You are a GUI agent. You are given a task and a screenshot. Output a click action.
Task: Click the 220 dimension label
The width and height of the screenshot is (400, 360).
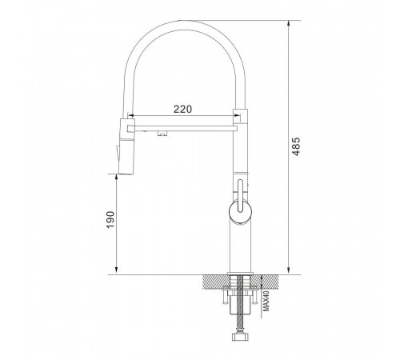[182, 109]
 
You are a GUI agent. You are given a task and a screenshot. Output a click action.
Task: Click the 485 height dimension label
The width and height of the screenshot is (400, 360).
[296, 146]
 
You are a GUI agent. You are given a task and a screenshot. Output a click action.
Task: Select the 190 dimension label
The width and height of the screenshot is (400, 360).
[110, 219]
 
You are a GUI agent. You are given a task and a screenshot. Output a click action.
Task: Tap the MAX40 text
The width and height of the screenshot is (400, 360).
[266, 301]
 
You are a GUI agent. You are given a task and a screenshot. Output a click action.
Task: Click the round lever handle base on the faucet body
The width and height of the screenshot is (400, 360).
[240, 212]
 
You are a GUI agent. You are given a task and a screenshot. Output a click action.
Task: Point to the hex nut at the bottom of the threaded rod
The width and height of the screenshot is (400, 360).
[240, 337]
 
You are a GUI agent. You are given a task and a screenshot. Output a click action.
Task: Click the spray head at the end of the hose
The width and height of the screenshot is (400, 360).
[126, 146]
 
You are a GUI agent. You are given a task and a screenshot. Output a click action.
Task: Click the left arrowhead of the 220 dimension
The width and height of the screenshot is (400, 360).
[130, 116]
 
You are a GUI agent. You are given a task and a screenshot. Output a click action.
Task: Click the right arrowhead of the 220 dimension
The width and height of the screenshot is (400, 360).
[237, 115]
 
